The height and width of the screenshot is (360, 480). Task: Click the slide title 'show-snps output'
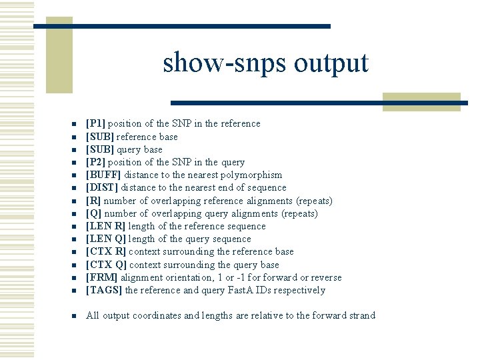click(265, 63)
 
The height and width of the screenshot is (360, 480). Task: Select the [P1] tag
click(96, 123)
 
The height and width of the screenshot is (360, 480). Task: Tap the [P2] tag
click(96, 162)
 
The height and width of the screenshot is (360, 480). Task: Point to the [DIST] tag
click(102, 187)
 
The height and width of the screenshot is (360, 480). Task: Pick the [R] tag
click(93, 201)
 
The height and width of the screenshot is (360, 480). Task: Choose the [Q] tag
click(93, 213)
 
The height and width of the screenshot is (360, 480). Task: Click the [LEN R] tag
click(105, 226)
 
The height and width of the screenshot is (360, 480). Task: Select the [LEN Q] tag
click(105, 239)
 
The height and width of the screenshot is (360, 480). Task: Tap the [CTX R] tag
click(105, 251)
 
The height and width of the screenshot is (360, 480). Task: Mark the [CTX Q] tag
click(105, 265)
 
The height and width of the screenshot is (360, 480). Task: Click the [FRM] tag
click(101, 277)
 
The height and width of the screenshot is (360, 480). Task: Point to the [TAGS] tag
click(104, 290)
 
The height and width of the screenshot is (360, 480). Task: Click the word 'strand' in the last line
click(361, 315)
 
